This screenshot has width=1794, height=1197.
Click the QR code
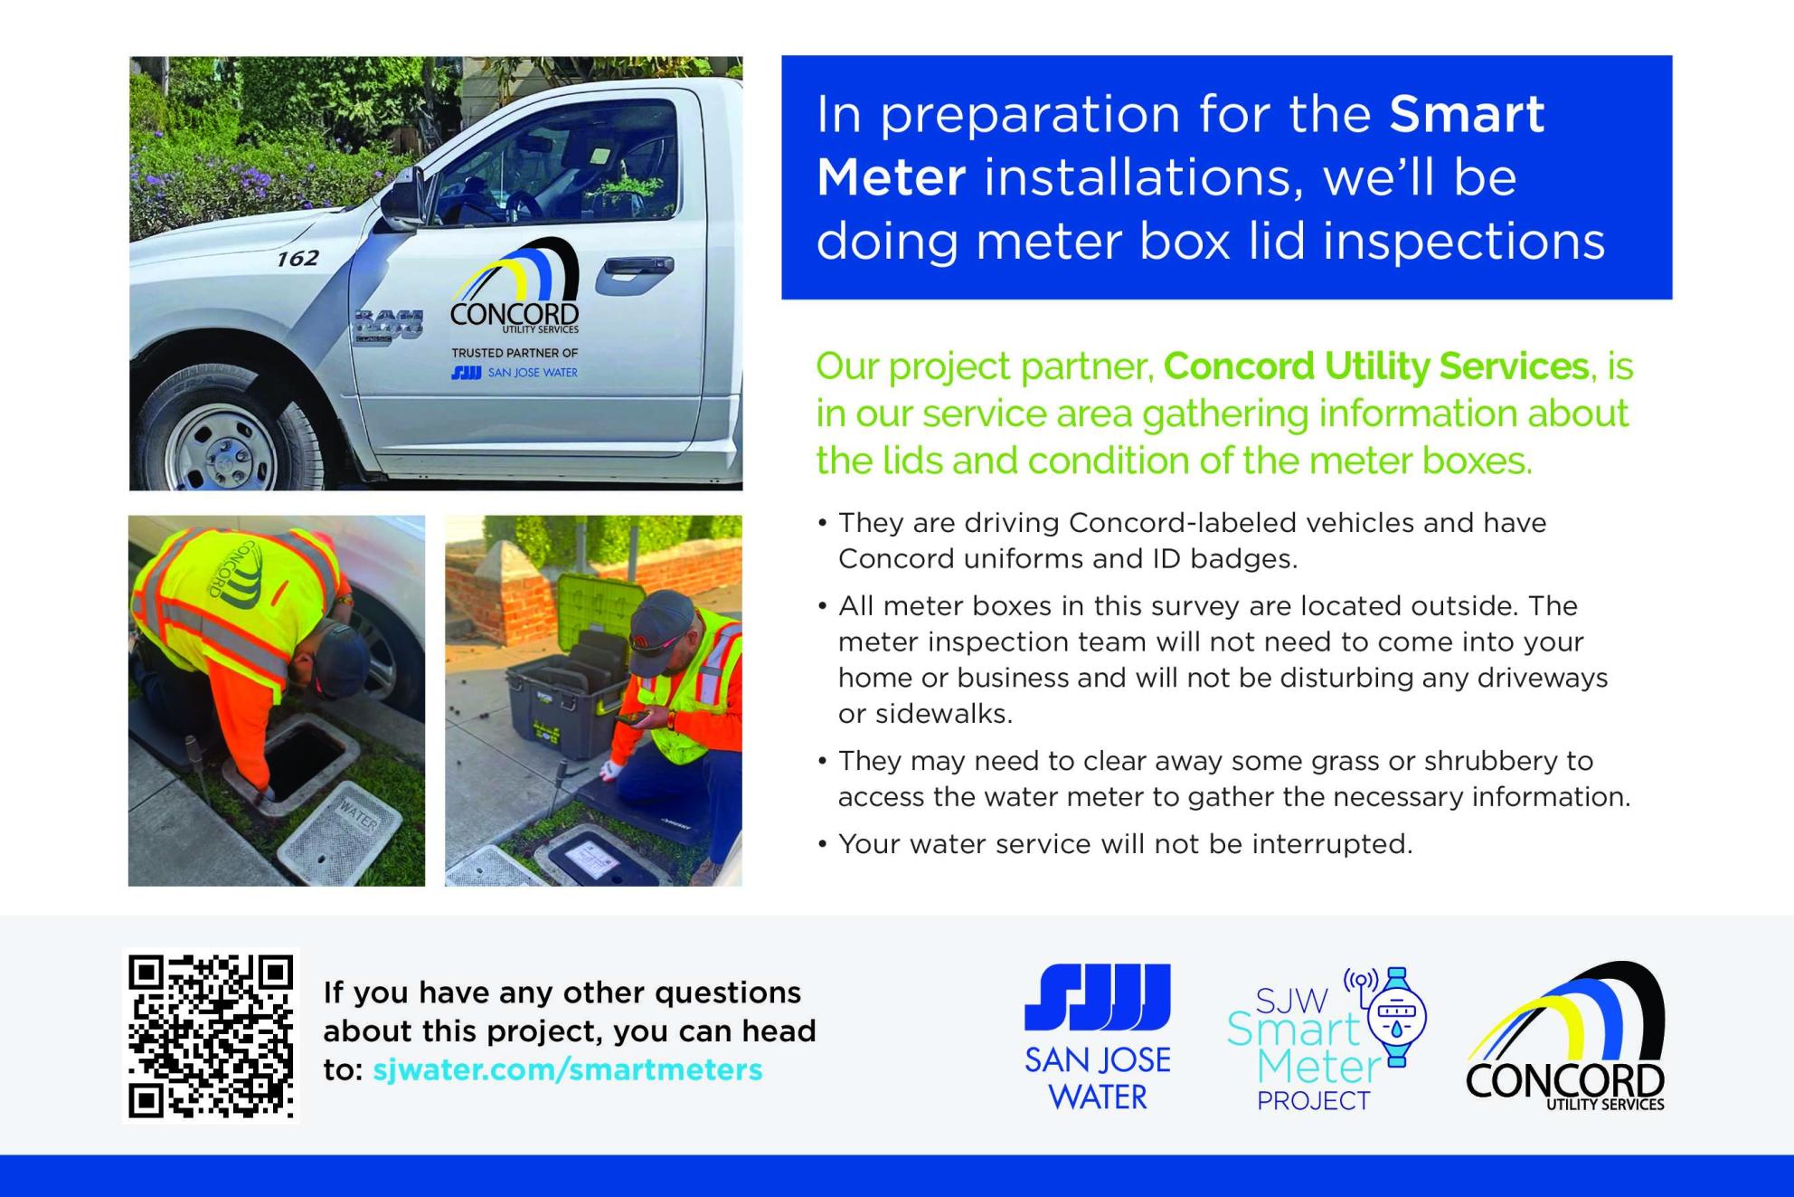coord(211,1036)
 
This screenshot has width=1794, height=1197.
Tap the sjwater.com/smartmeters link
coord(568,1069)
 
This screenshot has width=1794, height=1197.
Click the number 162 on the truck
coord(297,259)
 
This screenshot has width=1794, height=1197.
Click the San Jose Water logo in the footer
coord(1097,1037)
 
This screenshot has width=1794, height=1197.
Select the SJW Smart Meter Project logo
coord(1327,1039)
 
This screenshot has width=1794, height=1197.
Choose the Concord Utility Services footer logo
coord(1565,1037)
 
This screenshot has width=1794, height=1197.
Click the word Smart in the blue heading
coord(1467,115)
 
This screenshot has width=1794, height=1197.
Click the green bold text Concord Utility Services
coord(1375,366)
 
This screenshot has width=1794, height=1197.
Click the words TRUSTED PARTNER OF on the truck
coord(515,353)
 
